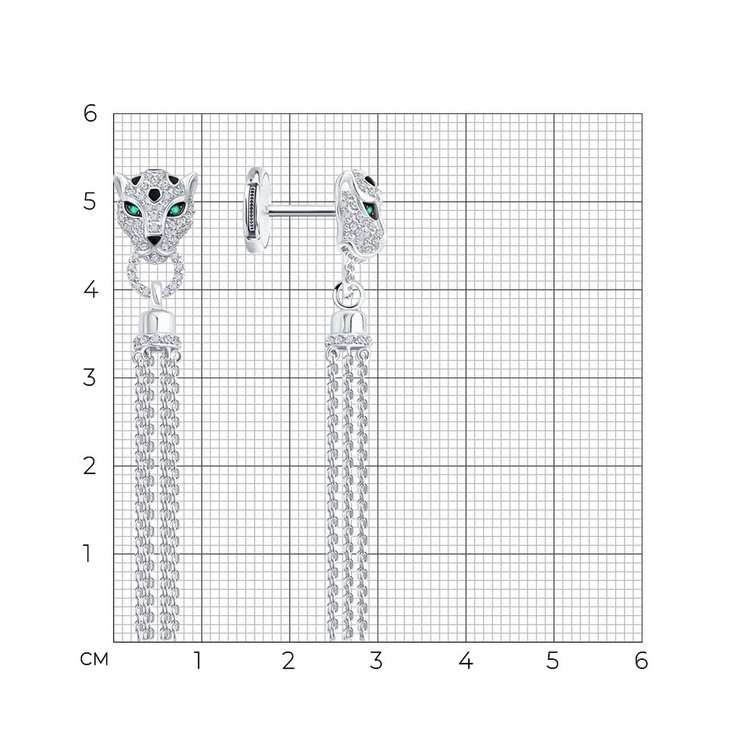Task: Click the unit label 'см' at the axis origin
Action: click(x=94, y=659)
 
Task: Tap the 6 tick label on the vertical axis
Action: click(x=90, y=114)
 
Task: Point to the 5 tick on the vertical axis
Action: click(x=89, y=202)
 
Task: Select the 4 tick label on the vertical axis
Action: click(x=90, y=290)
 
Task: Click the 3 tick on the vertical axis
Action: click(x=89, y=378)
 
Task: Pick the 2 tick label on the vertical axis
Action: click(x=89, y=466)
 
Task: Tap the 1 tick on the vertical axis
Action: click(x=87, y=554)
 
